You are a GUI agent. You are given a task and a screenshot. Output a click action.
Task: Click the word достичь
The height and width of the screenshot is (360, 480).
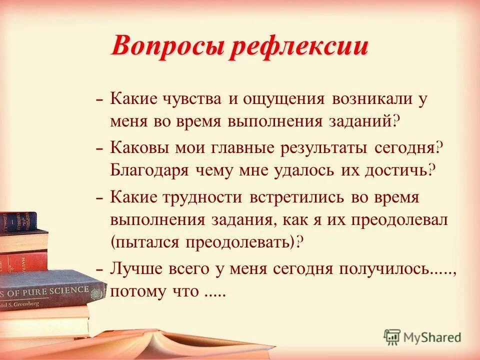click(397, 170)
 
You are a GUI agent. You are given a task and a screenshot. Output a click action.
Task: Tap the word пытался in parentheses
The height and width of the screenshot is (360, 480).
click(147, 242)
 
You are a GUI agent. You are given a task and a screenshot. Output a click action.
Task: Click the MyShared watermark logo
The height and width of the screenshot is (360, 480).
click(423, 336)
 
